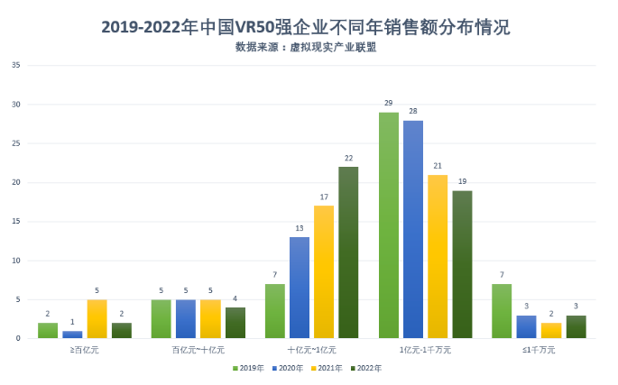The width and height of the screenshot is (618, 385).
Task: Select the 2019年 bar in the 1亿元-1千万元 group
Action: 389,225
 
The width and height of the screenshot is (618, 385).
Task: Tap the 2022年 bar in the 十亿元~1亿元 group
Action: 348,252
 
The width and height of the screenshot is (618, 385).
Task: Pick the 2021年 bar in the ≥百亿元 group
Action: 97,319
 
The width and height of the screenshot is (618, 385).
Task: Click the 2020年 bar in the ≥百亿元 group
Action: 72,335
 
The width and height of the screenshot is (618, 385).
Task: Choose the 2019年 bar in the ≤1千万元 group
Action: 502,311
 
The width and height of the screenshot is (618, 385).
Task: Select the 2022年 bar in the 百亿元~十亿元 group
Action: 235,323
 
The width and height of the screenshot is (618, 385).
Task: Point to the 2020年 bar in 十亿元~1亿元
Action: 300,288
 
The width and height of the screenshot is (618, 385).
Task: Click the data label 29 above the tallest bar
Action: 388,104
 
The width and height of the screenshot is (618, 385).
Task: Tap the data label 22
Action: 348,159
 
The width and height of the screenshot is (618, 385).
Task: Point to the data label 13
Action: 300,229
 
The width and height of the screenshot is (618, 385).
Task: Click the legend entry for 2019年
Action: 248,368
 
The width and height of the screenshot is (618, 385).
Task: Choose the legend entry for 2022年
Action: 365,368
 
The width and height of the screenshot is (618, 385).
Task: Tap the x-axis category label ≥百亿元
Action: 84,349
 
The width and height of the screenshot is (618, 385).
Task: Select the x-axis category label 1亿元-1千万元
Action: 425,349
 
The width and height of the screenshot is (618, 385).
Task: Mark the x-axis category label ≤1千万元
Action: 539,349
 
